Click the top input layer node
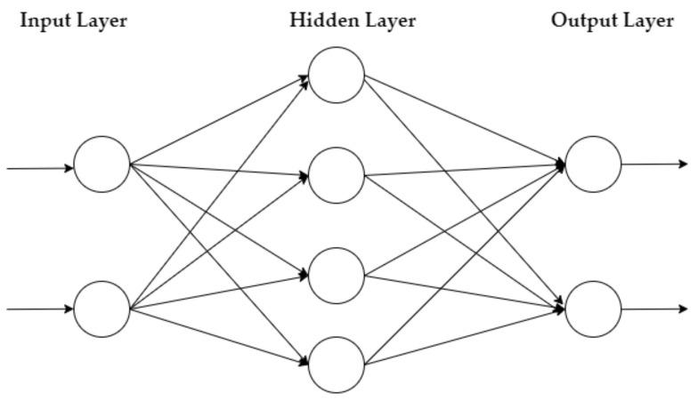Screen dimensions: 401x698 click(101, 164)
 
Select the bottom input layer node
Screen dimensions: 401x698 click(101, 309)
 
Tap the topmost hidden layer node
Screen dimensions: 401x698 click(337, 75)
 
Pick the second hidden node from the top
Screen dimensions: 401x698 click(337, 175)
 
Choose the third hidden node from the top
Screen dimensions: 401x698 click(337, 276)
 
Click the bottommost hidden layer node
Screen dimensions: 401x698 click(337, 365)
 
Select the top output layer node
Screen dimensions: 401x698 click(593, 164)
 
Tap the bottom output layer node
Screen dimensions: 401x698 click(593, 309)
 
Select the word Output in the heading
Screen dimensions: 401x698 click(583, 20)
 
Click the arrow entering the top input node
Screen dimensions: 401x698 click(40, 166)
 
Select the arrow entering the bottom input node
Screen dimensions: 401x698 click(40, 309)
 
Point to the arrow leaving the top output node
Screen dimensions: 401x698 click(654, 164)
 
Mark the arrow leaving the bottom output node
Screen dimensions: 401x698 click(654, 309)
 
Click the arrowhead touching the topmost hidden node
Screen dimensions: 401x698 click(304, 78)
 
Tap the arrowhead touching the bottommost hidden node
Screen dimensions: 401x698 click(304, 362)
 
